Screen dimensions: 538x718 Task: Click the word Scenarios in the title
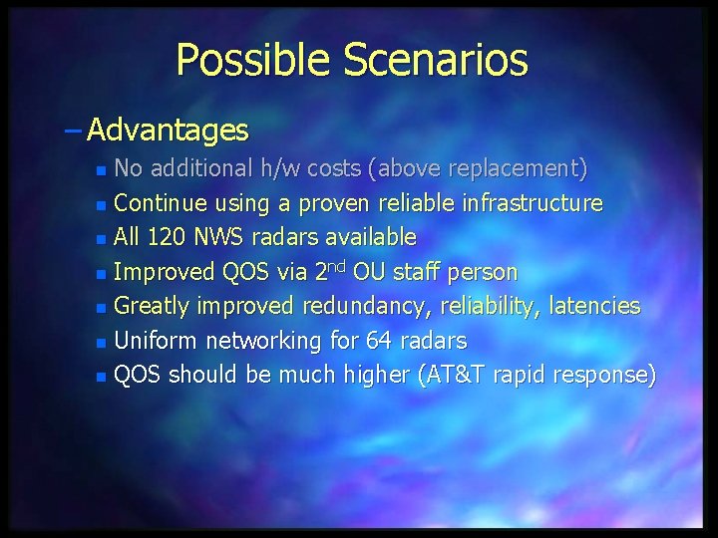click(435, 61)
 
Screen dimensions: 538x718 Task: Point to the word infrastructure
click(533, 204)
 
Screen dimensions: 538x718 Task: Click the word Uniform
click(156, 341)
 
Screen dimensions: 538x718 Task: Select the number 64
click(380, 341)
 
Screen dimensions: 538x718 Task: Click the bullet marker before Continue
click(100, 205)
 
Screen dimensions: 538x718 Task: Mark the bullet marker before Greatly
click(100, 308)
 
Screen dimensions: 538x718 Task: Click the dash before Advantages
click(77, 130)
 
